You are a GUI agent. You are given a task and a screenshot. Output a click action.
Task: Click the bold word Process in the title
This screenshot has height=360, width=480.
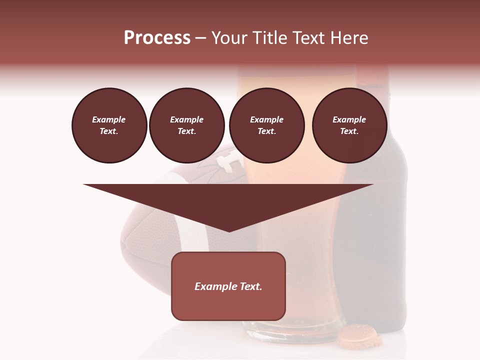[x=157, y=38]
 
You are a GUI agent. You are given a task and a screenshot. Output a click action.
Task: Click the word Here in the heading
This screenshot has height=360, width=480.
[x=350, y=38]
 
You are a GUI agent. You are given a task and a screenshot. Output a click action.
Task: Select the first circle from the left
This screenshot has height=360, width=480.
[x=109, y=125]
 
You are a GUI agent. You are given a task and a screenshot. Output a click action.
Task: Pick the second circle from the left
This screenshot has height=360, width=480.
[x=186, y=125]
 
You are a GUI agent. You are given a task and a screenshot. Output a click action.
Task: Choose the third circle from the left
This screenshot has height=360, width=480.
[x=266, y=125]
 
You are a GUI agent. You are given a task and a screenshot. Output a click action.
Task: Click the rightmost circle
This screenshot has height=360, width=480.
[x=349, y=125]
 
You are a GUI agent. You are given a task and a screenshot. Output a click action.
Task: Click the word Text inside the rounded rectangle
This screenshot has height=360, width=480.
[x=249, y=286]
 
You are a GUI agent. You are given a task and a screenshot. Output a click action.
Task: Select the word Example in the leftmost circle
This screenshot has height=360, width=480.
[x=109, y=119]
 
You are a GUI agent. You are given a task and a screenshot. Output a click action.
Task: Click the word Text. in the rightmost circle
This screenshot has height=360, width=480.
[x=349, y=131]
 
